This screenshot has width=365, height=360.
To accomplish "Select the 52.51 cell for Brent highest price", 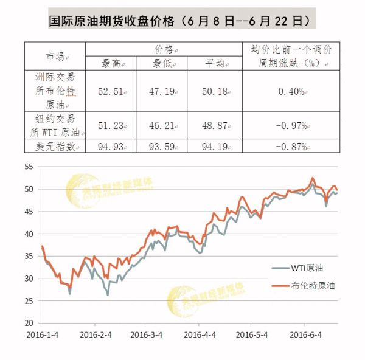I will (x=111, y=92).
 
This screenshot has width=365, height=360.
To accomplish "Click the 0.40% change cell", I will (x=290, y=92).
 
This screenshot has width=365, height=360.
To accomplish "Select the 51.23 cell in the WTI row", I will (x=111, y=125).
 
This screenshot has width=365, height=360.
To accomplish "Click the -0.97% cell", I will (x=290, y=125).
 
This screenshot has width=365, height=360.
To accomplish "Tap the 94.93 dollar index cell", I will (x=111, y=146).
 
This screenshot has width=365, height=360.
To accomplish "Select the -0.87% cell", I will (x=290, y=146).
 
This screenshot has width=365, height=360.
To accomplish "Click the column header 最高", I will (x=111, y=63).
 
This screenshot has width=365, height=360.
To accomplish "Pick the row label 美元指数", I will (x=55, y=146).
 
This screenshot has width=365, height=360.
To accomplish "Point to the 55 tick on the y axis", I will (x=29, y=167).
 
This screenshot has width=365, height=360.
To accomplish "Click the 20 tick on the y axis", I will (x=29, y=322).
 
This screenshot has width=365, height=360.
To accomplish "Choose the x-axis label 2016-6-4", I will (x=305, y=335).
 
